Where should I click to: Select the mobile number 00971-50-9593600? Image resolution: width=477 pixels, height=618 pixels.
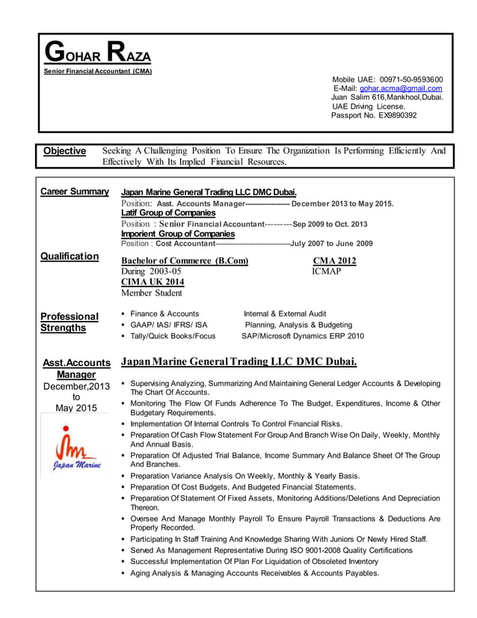[411, 79]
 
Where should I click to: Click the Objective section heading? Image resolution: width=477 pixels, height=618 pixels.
[64, 151]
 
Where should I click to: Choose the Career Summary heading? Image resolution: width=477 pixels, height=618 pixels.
[75, 192]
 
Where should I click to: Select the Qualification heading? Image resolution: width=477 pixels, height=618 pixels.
[70, 256]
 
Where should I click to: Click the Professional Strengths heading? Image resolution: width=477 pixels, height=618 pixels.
[70, 322]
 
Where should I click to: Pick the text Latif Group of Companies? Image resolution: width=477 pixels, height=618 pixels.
[168, 212]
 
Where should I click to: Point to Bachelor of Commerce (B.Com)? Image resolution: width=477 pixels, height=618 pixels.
[185, 260]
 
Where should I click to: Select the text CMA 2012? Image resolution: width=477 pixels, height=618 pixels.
[334, 260]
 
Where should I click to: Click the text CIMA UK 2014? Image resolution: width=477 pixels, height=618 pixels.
[152, 281]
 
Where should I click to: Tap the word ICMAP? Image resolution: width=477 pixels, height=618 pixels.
[326, 271]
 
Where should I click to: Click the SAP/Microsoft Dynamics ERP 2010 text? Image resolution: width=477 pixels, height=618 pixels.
[303, 336]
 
